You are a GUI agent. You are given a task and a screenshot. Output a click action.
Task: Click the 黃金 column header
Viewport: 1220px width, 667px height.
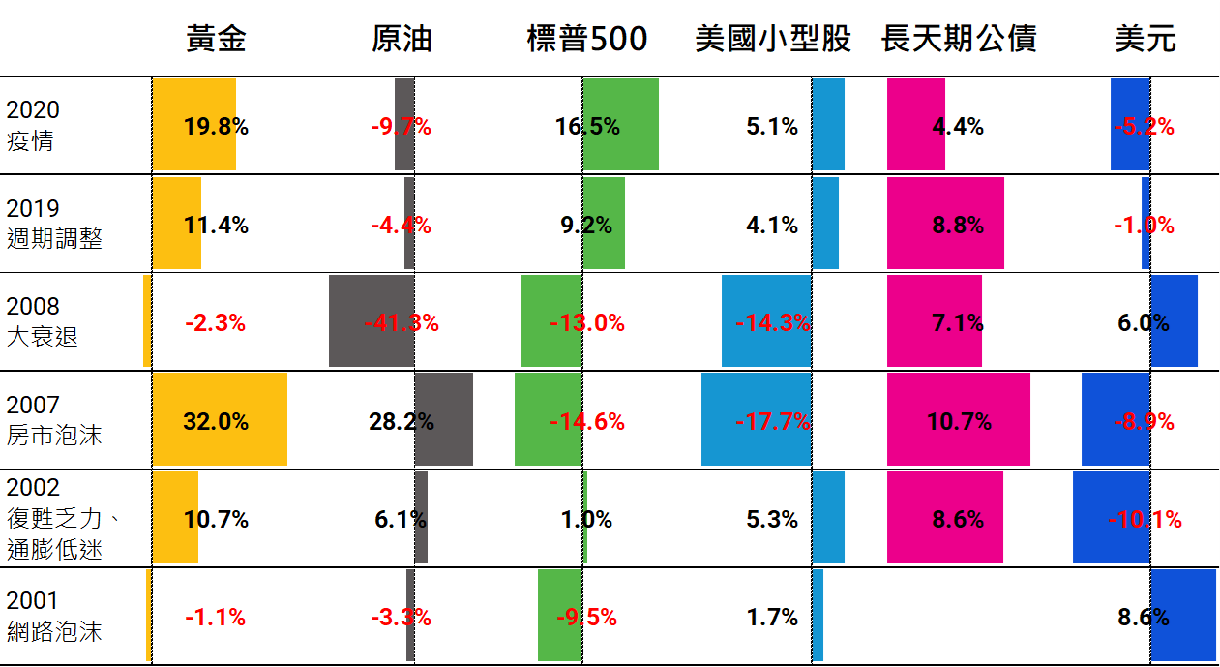tap(217, 39)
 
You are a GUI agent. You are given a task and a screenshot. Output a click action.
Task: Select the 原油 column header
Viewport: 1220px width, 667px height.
tap(402, 39)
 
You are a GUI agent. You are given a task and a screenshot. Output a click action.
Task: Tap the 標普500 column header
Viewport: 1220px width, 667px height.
tap(587, 39)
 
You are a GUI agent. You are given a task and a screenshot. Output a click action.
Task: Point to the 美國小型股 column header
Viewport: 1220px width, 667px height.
tap(773, 39)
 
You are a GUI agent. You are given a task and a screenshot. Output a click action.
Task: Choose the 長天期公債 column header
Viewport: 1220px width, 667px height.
tap(959, 39)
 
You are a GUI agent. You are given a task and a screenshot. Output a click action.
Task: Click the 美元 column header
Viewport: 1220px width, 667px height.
tap(1145, 39)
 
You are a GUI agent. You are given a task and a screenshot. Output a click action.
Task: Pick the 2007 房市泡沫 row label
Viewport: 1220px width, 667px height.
tap(54, 420)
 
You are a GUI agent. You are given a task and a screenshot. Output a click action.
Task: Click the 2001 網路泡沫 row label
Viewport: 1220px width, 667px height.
tap(54, 617)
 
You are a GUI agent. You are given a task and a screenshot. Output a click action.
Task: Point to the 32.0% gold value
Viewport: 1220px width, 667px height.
tap(216, 422)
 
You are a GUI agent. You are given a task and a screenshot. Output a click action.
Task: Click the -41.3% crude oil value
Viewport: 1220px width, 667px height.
tap(402, 323)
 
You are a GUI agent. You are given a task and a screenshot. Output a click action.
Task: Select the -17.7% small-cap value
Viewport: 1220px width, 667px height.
tap(773, 422)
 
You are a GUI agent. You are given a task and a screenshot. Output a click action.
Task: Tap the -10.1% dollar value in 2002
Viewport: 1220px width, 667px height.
tap(1145, 520)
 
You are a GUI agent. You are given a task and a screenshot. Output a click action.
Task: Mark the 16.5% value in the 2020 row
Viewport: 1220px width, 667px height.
tap(587, 127)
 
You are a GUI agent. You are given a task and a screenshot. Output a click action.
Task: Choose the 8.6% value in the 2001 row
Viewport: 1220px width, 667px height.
tap(1144, 617)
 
